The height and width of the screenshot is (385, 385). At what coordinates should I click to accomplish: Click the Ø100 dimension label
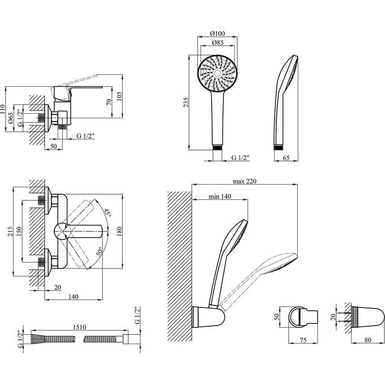coord(216,33)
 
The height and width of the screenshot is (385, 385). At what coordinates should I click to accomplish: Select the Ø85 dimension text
coord(216,43)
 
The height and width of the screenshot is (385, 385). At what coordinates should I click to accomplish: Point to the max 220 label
coord(245,181)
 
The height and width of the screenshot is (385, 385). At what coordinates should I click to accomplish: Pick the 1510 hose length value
coord(79,328)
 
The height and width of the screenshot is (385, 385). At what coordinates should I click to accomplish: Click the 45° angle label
coord(107,213)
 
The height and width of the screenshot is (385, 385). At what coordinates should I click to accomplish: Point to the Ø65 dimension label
coord(11,119)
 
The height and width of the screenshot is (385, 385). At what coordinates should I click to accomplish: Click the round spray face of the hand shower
coord(217,74)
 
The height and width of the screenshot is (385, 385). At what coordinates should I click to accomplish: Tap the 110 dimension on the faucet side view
coord(3,109)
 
